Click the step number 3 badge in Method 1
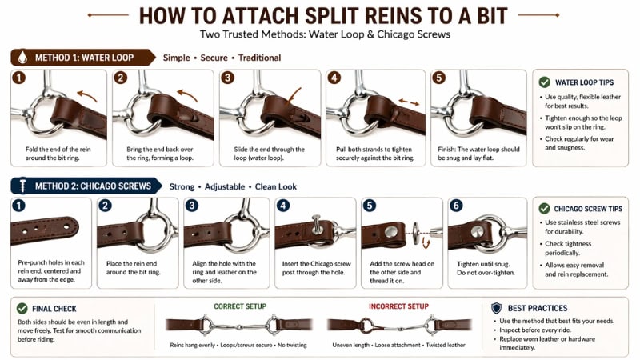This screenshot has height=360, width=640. pos(227,78)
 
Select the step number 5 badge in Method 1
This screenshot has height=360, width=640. pos(439,78)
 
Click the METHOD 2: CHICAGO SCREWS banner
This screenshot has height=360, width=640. pos(82,186)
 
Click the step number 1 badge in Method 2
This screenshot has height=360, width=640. pos(18,206)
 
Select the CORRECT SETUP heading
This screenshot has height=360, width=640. pos(240,306)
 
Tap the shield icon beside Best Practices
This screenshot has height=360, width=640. pos(496,307)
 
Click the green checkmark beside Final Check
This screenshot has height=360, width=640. pos(22,307)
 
